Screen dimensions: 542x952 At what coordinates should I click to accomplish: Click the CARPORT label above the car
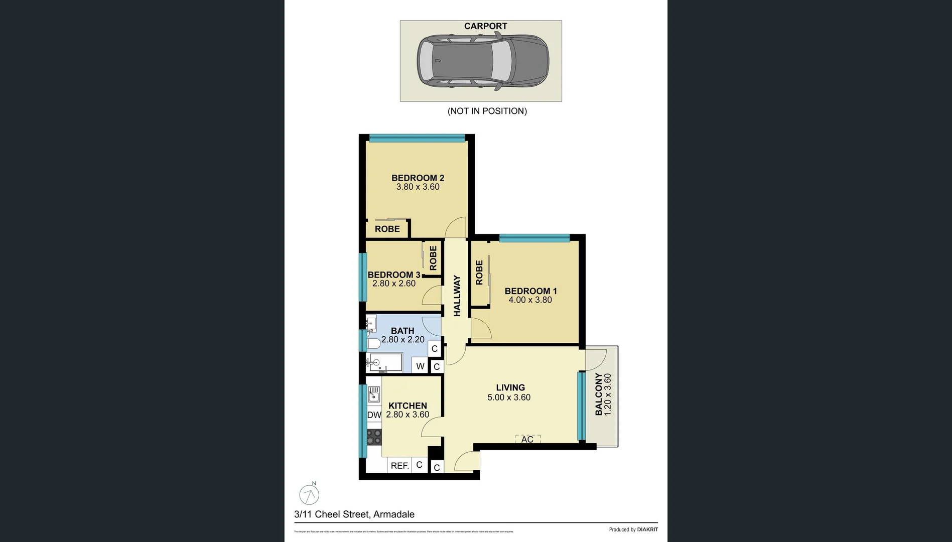(x=485, y=26)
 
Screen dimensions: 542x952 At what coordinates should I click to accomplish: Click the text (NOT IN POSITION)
(x=487, y=111)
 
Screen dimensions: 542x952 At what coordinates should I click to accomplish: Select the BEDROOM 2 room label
(x=418, y=178)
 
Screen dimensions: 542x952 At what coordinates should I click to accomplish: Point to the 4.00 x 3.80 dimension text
(x=530, y=300)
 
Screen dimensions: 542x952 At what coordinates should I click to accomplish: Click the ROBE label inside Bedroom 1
(x=479, y=273)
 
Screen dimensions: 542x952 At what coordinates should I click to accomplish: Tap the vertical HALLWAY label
(x=457, y=296)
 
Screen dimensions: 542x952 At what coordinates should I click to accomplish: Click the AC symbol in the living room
(x=527, y=439)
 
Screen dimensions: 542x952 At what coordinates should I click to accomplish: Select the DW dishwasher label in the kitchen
(x=374, y=415)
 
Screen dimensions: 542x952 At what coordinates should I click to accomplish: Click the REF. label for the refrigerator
(x=399, y=466)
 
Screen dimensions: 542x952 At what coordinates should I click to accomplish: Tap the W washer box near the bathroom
(x=420, y=366)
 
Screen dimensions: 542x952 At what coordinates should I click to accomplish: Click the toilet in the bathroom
(x=373, y=344)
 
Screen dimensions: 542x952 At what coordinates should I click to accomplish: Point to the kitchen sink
(x=374, y=394)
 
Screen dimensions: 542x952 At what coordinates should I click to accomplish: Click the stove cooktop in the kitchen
(x=374, y=437)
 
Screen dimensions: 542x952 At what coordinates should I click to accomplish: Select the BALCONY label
(x=599, y=394)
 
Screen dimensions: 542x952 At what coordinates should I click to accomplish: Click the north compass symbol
(x=309, y=495)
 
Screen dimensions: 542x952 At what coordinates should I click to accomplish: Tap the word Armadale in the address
(x=394, y=514)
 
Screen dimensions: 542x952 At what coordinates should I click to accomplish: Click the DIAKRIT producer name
(x=647, y=529)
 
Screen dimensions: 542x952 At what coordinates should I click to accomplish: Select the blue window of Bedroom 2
(x=417, y=138)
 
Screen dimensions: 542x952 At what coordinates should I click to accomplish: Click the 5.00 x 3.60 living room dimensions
(x=509, y=397)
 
